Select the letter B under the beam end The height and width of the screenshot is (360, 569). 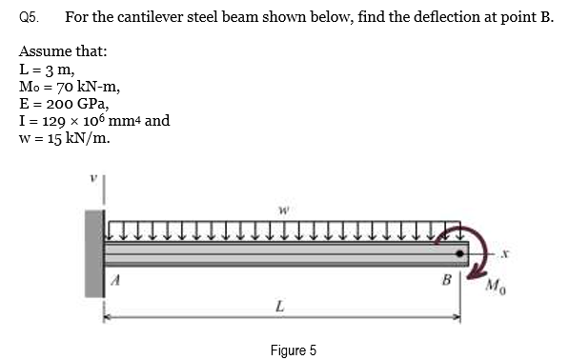444,281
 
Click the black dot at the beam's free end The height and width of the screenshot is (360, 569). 461,254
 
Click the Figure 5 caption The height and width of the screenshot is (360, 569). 293,350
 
